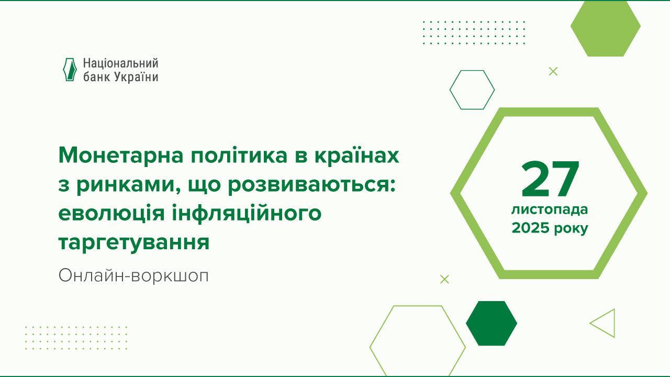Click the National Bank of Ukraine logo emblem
coord(70,70)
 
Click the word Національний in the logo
coord(120,64)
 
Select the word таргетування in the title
coord(134,242)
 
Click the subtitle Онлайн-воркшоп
coord(133,275)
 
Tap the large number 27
coord(550,179)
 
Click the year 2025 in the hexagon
coord(530,228)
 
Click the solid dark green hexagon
coord(491,323)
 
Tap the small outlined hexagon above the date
coord(472,90)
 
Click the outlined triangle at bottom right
coord(605,323)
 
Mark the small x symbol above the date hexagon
coord(553,71)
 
